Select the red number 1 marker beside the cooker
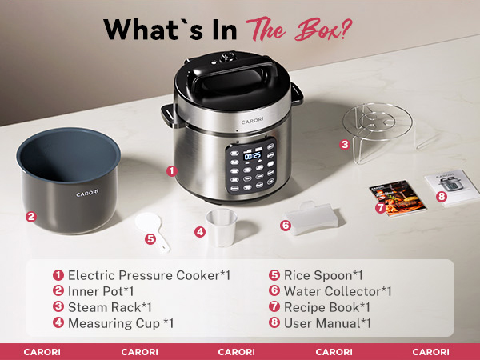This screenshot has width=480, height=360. pos(170,170)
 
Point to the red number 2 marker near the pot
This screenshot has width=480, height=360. pos(30,216)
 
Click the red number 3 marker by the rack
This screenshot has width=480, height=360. pos(344,145)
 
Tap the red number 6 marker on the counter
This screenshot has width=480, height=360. pos(285,226)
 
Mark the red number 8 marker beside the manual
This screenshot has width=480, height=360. pos(441,195)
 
